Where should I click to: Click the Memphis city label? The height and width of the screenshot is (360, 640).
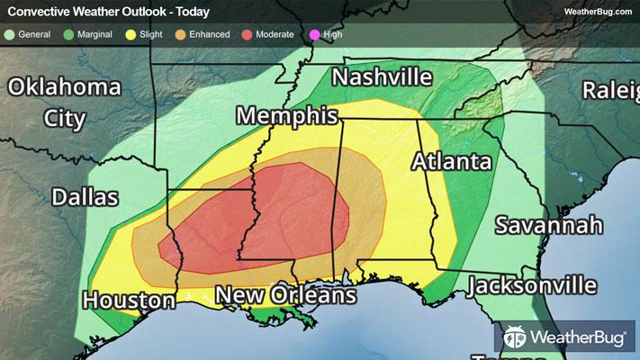[287, 116]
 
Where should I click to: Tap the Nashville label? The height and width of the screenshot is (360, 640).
[382, 77]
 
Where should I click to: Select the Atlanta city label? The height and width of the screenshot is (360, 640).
[452, 162]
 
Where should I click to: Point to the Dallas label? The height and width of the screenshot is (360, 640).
[85, 197]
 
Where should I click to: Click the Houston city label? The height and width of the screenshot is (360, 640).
[129, 300]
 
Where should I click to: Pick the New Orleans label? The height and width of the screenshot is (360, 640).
[285, 295]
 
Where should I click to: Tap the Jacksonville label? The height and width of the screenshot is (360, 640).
[532, 286]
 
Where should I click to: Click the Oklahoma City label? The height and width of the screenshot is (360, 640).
[64, 102]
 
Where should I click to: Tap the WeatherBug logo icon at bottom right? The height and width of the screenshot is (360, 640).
[516, 339]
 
